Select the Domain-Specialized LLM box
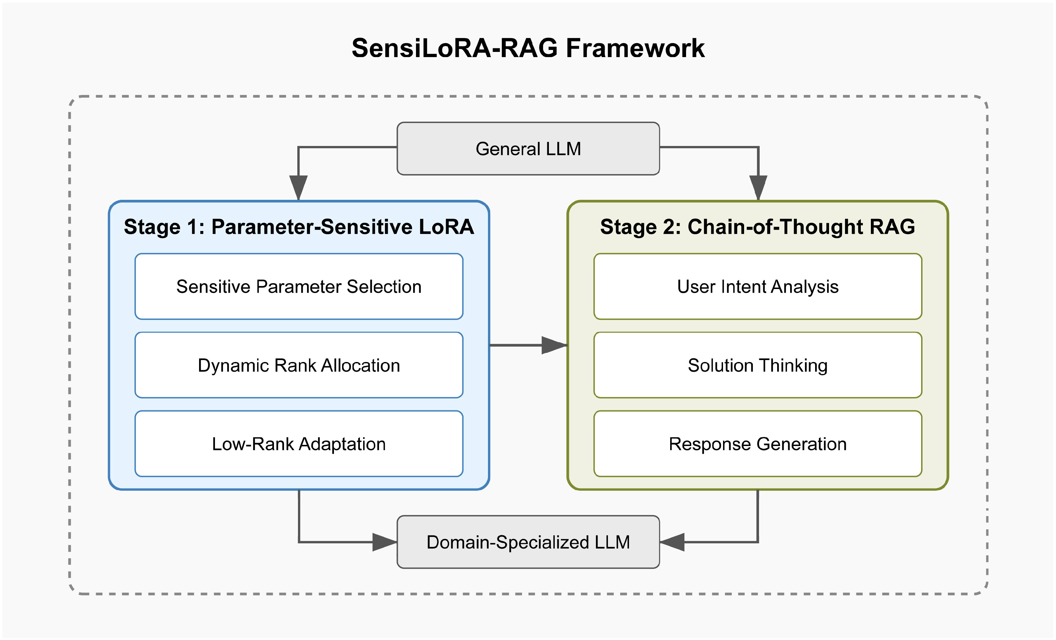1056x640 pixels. coord(528,542)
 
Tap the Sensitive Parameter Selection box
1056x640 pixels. coord(299,286)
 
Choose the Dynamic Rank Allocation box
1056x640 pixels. coord(299,365)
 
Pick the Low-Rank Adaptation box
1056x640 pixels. coord(299,444)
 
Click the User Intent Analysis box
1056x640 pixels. coord(758,286)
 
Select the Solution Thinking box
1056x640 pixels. coord(758,365)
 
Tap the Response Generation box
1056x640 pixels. coord(758,444)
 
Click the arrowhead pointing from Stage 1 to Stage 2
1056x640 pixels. coord(554,345)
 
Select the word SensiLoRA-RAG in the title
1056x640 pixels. coord(455,48)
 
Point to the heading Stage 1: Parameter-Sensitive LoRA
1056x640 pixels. coord(299,227)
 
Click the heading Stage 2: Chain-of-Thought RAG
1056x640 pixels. coord(758,227)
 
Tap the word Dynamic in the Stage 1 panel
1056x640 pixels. coord(233,366)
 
